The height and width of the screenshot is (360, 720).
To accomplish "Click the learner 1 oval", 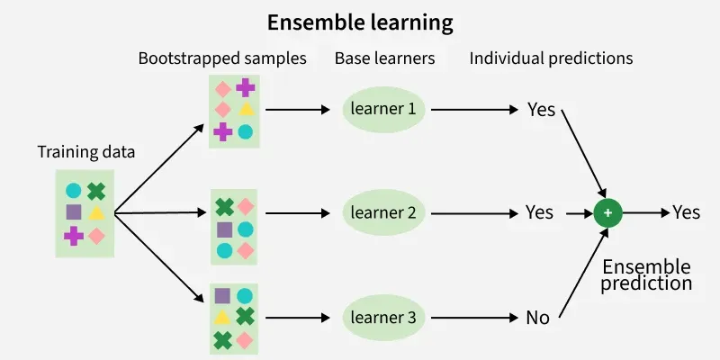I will [x=384, y=110].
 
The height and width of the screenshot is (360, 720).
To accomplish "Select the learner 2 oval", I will [x=384, y=213].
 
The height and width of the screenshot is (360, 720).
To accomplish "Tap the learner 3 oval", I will [x=384, y=317].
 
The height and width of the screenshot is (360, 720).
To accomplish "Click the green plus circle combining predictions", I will [x=608, y=212].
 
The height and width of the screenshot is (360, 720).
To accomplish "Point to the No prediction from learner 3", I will [x=537, y=317].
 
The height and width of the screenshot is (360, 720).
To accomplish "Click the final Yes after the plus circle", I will [x=687, y=212].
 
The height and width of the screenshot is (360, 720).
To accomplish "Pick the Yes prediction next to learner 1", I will [x=541, y=110].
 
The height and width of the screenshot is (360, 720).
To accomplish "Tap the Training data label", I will [x=86, y=152].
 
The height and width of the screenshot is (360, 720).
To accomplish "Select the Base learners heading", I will [x=384, y=58].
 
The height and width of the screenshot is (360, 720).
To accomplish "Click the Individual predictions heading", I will [x=551, y=58].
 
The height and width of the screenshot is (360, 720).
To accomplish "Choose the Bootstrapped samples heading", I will [x=222, y=58].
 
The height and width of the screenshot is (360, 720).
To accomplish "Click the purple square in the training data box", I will [x=74, y=212].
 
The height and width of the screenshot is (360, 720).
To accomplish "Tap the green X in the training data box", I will [x=96, y=191].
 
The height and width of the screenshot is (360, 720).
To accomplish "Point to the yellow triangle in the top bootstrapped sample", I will [x=245, y=109].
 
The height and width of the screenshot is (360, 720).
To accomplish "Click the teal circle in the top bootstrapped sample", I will [x=245, y=131].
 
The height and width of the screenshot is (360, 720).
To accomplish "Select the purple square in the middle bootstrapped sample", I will [x=223, y=229].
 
